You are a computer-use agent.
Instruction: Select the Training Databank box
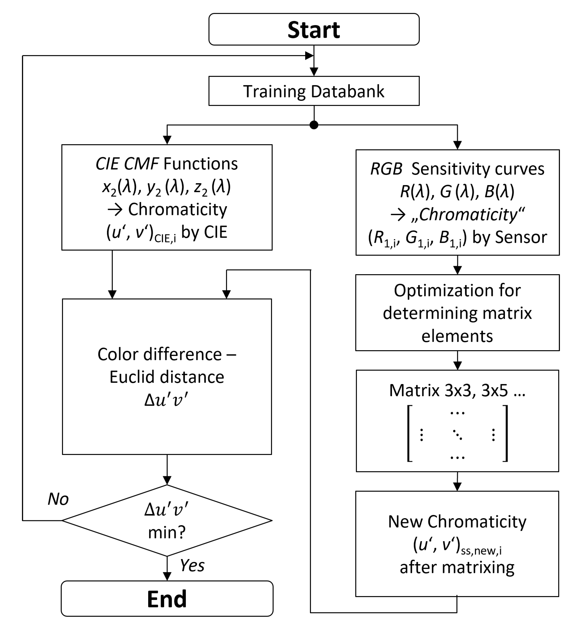(314, 91)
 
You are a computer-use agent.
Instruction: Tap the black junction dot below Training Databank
(314, 125)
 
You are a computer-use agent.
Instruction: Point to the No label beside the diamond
(58, 499)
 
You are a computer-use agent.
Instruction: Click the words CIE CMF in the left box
(127, 164)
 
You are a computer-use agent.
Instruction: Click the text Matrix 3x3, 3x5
(457, 390)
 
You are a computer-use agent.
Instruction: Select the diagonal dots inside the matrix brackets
(457, 435)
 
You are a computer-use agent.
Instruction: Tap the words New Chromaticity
(457, 521)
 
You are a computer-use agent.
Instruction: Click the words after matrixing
(457, 567)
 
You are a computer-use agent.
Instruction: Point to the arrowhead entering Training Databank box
(314, 72)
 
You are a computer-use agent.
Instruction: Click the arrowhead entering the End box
(167, 576)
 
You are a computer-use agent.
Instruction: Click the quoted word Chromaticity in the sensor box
(468, 215)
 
